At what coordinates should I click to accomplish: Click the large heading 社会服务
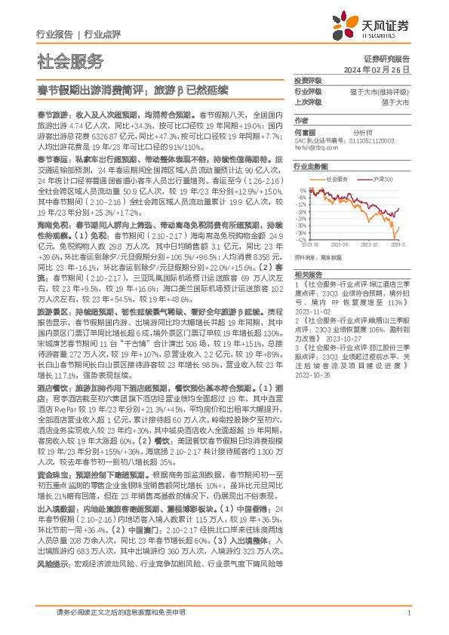click(x=70, y=61)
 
